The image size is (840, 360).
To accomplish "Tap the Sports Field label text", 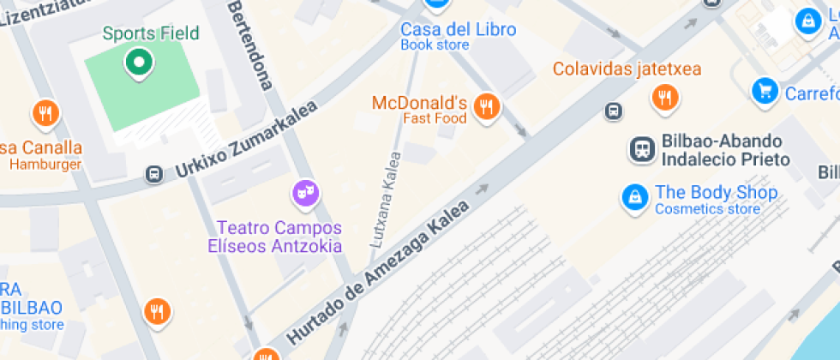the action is [151, 34].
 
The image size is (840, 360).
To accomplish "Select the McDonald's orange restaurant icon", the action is [487, 106].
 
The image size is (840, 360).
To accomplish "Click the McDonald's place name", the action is [418, 103].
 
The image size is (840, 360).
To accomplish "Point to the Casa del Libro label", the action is [459, 30].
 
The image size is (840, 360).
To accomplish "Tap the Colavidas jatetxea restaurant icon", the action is [665, 97].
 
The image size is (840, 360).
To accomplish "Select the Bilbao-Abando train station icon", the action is [642, 150].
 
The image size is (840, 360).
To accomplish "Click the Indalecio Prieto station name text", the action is [724, 159].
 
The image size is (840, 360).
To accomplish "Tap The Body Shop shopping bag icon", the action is [634, 196].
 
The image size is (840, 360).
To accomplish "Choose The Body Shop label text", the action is [716, 193].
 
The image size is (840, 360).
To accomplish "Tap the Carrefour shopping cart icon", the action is [764, 89].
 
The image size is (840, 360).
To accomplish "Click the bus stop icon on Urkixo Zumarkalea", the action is [153, 174].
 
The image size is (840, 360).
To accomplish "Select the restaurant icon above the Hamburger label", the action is [45, 112].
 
